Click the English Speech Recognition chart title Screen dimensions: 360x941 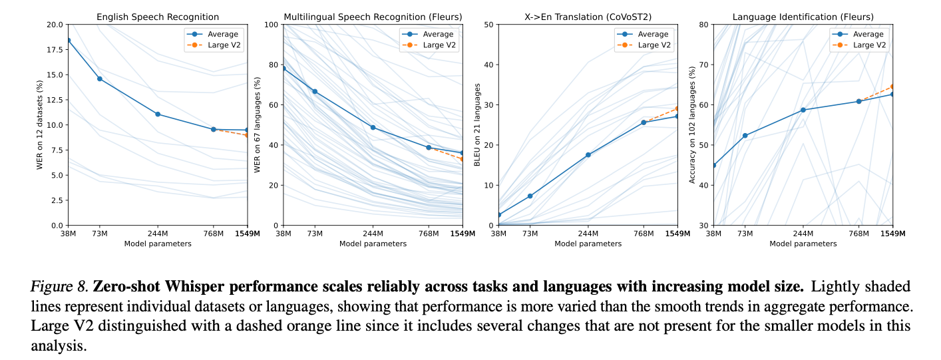(x=157, y=16)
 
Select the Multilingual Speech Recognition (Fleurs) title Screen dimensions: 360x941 (x=373, y=16)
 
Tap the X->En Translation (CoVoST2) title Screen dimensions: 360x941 (x=588, y=16)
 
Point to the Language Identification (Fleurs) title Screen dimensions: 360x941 (x=803, y=16)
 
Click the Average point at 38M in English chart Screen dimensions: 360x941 (x=68, y=40)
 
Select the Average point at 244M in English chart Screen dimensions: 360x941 (x=158, y=114)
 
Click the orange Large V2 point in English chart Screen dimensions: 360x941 (x=248, y=135)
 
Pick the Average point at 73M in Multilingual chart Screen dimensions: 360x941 (x=315, y=91)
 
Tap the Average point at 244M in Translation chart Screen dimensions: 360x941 (x=588, y=154)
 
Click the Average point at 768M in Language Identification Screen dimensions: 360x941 (x=859, y=101)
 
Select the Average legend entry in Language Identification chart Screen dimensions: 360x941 (x=866, y=34)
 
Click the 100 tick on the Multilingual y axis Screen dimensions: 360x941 (x=271, y=25)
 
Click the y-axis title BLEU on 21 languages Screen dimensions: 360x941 (x=476, y=124)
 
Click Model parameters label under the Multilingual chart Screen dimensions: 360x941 (x=373, y=244)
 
